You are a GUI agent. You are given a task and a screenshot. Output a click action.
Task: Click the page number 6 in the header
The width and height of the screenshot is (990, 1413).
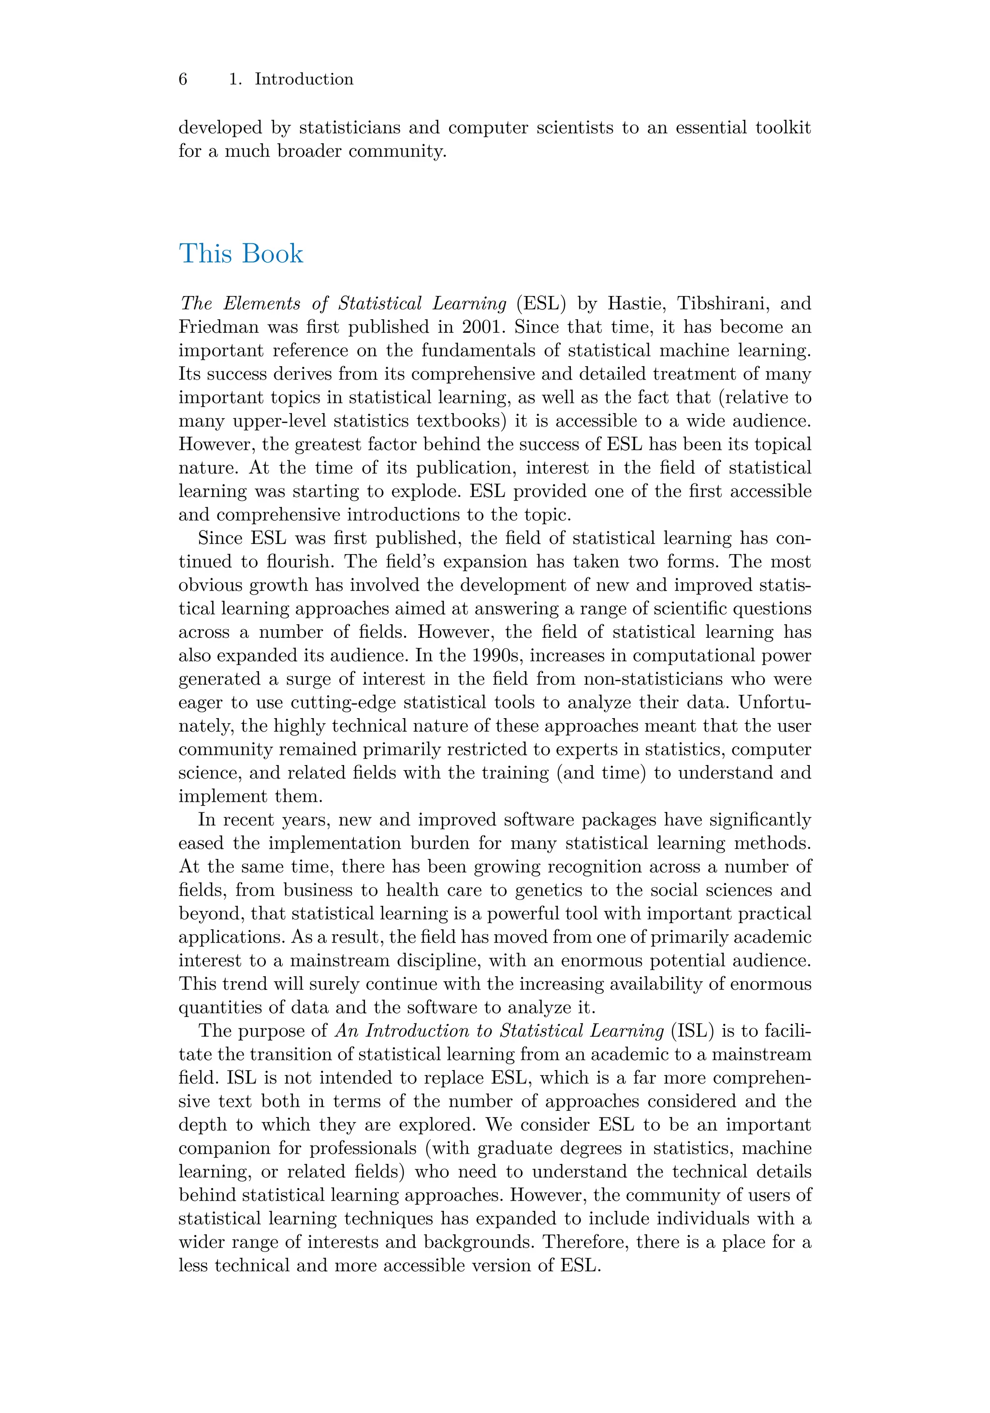(183, 79)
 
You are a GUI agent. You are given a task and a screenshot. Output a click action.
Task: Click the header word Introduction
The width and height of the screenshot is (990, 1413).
(304, 79)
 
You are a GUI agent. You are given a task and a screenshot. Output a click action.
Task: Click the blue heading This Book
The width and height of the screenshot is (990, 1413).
(241, 253)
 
